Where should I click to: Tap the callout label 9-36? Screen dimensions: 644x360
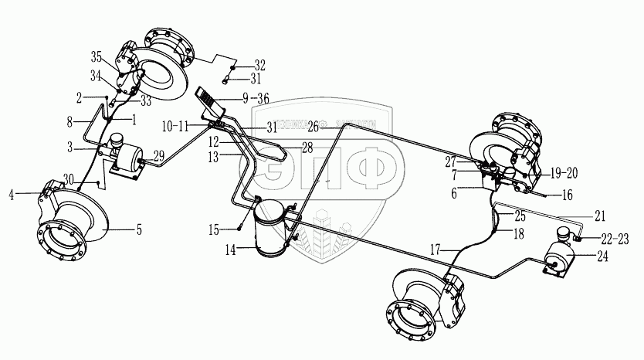click(x=256, y=97)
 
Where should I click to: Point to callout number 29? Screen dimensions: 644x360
click(x=158, y=157)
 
